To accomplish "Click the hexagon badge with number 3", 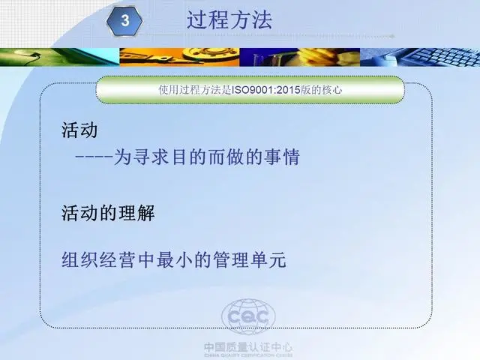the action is (x=124, y=21).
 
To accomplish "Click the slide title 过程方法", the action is (x=229, y=20).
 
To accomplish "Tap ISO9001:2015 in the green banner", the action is (x=265, y=90).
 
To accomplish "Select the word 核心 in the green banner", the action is (x=331, y=90).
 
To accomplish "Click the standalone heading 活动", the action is (x=79, y=130).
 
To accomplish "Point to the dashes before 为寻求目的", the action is (x=94, y=157).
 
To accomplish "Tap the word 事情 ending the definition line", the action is (x=282, y=157).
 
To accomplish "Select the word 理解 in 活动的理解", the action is (x=136, y=213).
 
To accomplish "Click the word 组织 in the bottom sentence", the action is (x=80, y=260).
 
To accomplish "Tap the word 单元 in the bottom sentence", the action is (x=268, y=260).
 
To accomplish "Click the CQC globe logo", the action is (x=248, y=316).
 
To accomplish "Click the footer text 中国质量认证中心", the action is (x=248, y=347).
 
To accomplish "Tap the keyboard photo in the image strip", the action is (x=420, y=57).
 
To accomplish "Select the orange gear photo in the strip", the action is (x=179, y=57).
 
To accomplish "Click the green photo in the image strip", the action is (x=60, y=57).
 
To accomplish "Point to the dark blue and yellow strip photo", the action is (x=300, y=57).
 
